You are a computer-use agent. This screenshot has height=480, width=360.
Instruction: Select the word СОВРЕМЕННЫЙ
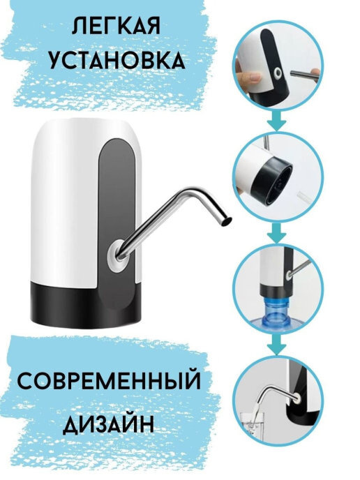[x=110, y=382]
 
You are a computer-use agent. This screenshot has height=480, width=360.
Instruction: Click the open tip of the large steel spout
[x=226, y=221]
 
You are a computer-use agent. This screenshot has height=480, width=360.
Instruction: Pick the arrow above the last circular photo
[x=276, y=345]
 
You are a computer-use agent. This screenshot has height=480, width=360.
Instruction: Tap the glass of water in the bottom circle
[x=252, y=426]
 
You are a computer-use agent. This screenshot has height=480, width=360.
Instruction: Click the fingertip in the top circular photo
[x=252, y=78]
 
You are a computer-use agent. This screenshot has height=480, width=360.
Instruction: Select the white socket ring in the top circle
[x=278, y=73]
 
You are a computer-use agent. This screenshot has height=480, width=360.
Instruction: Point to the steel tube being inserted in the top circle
[x=303, y=74]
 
